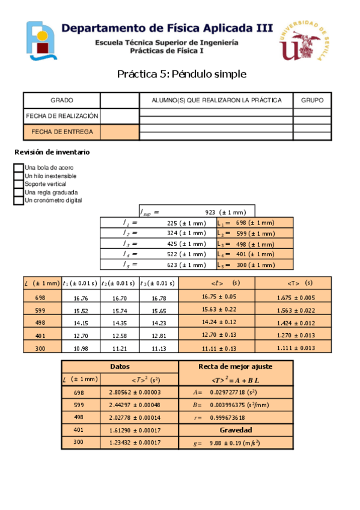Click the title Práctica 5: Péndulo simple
click(x=182, y=74)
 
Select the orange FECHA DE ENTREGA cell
click(x=61, y=132)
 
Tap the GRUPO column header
click(x=312, y=100)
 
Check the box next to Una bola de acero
click(x=18, y=168)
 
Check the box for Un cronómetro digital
click(x=18, y=200)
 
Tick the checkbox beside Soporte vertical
click(x=18, y=184)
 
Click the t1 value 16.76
click(x=81, y=298)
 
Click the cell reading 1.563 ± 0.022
click(x=296, y=311)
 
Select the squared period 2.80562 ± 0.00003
click(x=139, y=392)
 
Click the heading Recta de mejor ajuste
click(x=235, y=366)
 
